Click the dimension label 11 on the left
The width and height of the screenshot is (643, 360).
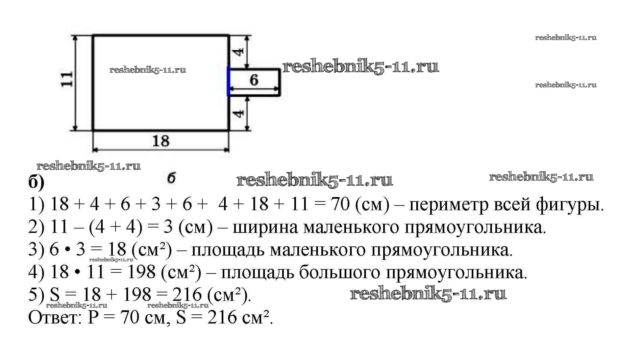coord(67,79)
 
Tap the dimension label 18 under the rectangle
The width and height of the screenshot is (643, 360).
coord(161,141)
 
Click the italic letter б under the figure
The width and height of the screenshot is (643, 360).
coord(172,178)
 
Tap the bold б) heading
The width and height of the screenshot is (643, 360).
coord(36,183)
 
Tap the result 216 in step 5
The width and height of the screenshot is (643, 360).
coord(187,295)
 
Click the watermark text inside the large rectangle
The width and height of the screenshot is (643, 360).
coord(148,70)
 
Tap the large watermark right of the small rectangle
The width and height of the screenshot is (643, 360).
coord(361,67)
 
